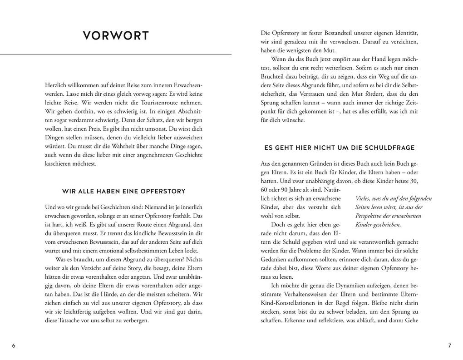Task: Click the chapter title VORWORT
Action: click(116, 36)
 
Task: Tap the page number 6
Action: click(14, 345)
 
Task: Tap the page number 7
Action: click(449, 345)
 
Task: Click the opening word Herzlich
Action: click(57, 85)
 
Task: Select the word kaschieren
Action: click(59, 163)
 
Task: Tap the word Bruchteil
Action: click(276, 77)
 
